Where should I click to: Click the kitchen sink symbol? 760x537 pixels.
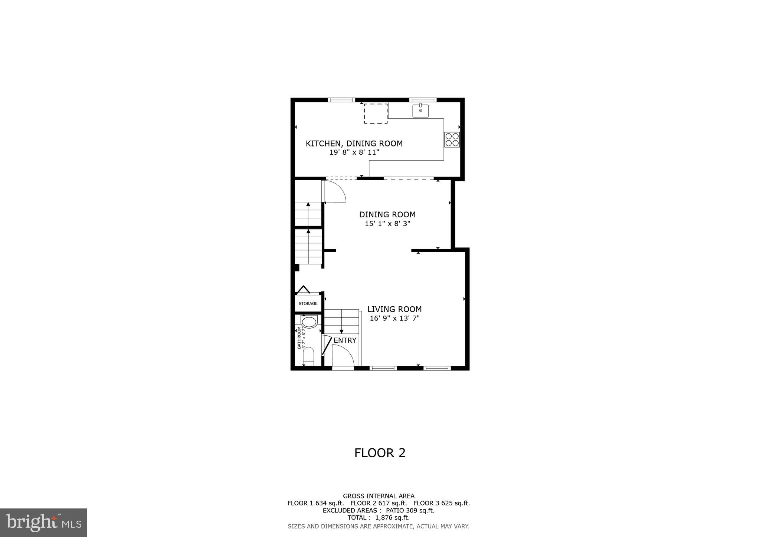pyautogui.click(x=420, y=111)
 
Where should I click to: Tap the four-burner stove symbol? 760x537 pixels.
pyautogui.click(x=452, y=139)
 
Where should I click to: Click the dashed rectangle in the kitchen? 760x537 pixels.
pyautogui.click(x=376, y=113)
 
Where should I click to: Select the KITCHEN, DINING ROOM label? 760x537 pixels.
pyautogui.click(x=354, y=144)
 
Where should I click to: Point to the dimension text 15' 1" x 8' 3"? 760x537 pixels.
pyautogui.click(x=387, y=224)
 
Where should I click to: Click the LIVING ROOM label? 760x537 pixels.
pyautogui.click(x=394, y=309)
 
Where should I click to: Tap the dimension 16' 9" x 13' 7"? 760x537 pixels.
pyautogui.click(x=394, y=318)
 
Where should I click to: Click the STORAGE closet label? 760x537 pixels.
pyautogui.click(x=308, y=303)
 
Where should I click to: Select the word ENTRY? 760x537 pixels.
pyautogui.click(x=345, y=340)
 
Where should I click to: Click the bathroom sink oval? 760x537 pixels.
pyautogui.click(x=309, y=322)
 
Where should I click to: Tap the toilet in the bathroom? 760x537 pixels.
pyautogui.click(x=308, y=357)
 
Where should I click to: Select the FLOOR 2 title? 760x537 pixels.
pyautogui.click(x=380, y=453)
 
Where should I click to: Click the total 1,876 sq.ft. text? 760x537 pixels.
pyautogui.click(x=379, y=517)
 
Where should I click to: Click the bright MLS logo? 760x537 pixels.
pyautogui.click(x=43, y=523)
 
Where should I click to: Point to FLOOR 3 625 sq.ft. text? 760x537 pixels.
pyautogui.click(x=442, y=503)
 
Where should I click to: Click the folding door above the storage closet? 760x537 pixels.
pyautogui.click(x=303, y=289)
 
